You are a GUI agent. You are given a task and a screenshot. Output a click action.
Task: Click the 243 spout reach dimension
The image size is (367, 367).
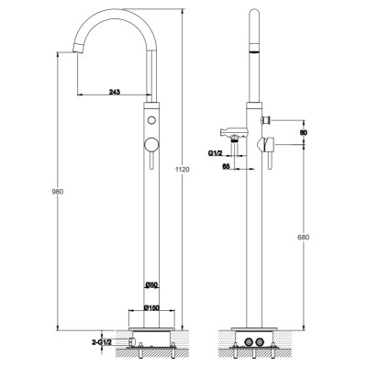[x=115, y=92]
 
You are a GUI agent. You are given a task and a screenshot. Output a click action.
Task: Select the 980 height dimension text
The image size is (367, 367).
[x=57, y=192]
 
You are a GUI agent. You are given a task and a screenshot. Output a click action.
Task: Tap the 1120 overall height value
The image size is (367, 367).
[x=184, y=170]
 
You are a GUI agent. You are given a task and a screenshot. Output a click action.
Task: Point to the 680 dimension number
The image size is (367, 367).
[x=304, y=237]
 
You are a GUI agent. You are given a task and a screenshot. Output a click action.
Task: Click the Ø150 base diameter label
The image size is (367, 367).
[x=151, y=307]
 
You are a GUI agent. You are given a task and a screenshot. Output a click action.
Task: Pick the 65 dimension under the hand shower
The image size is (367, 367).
[x=226, y=166]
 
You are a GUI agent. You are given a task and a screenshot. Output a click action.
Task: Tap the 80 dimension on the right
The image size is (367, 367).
[x=304, y=132]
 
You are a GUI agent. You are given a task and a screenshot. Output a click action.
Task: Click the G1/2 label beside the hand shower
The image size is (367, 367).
[x=216, y=153]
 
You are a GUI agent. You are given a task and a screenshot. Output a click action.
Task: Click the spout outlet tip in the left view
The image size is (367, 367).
[x=78, y=49]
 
